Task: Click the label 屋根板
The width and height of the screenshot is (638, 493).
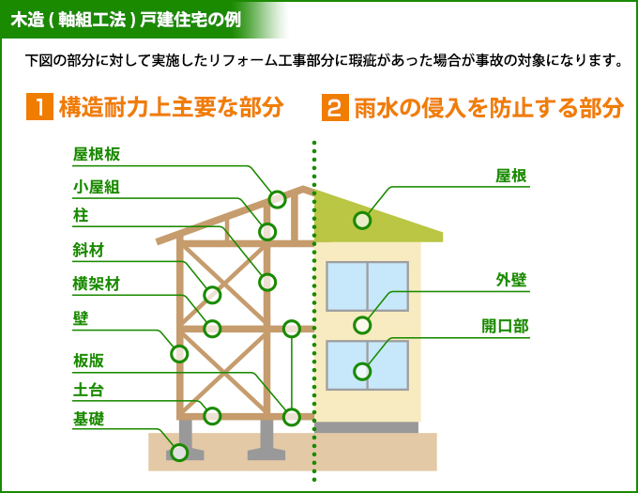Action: pyautogui.click(x=97, y=155)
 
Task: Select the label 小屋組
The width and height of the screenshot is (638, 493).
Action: pyautogui.click(x=97, y=187)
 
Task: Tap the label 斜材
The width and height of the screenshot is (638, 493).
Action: pyautogui.click(x=88, y=251)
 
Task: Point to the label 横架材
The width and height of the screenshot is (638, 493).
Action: pyautogui.click(x=97, y=284)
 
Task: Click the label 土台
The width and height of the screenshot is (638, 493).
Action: pyautogui.click(x=88, y=391)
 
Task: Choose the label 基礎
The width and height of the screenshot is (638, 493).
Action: pyautogui.click(x=88, y=419)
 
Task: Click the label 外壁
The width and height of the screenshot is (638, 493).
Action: pyautogui.click(x=511, y=281)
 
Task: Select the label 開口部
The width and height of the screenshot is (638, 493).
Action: pyautogui.click(x=505, y=326)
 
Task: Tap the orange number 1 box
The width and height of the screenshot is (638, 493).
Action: pyautogui.click(x=38, y=107)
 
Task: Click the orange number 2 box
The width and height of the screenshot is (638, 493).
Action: pyautogui.click(x=335, y=107)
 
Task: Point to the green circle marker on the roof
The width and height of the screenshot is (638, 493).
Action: pyautogui.click(x=362, y=221)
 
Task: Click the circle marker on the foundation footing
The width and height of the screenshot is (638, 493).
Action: pyautogui.click(x=179, y=452)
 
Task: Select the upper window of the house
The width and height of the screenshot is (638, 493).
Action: pyautogui.click(x=367, y=285)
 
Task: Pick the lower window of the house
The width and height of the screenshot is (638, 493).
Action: pyautogui.click(x=367, y=365)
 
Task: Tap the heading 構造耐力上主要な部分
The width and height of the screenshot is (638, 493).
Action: pyautogui.click(x=170, y=107)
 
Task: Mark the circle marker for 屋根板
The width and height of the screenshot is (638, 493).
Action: pyautogui.click(x=277, y=199)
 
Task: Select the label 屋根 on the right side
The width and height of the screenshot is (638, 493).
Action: pyautogui.click(x=511, y=176)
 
